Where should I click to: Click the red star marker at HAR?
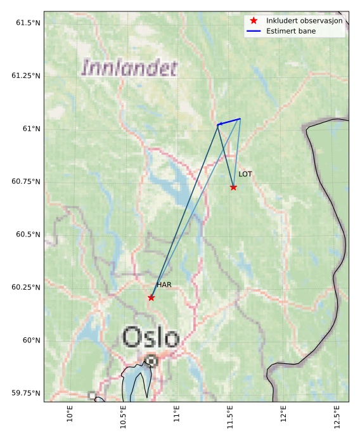click(151, 297)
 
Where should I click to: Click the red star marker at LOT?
click(233, 187)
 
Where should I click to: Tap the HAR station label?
click(164, 285)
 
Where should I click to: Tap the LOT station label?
click(245, 174)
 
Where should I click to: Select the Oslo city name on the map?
click(151, 337)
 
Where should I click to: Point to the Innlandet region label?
click(129, 68)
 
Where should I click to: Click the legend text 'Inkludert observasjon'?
click(304, 20)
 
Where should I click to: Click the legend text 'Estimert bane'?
click(291, 30)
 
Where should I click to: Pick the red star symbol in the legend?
click(254, 20)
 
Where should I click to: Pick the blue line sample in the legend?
click(254, 30)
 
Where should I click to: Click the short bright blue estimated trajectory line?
click(229, 121)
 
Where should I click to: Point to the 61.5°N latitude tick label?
click(26, 23)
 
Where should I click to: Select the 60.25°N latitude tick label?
click(26, 287)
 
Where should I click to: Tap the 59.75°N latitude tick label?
click(26, 393)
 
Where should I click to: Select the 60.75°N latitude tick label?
click(26, 181)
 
